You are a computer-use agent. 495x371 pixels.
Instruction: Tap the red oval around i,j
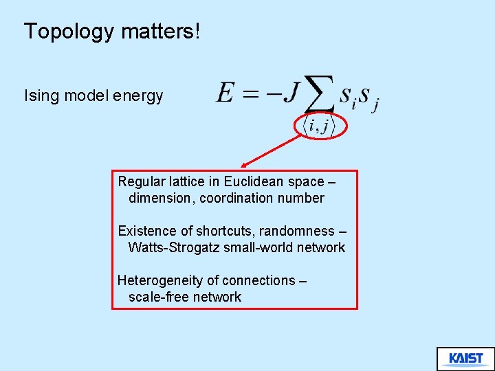(321, 126)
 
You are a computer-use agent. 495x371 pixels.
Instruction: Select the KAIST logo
(465, 359)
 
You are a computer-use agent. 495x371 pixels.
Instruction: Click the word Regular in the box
(142, 182)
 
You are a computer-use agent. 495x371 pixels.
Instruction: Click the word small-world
(256, 248)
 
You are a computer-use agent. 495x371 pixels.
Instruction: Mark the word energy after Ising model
(140, 95)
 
